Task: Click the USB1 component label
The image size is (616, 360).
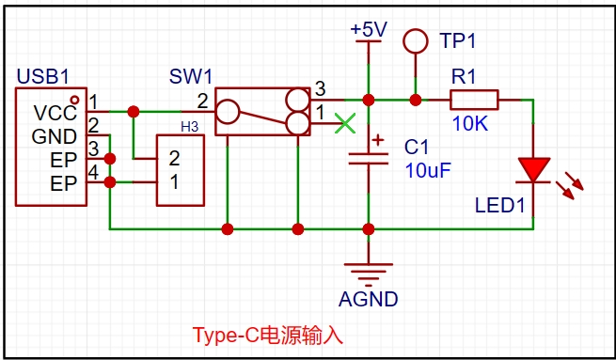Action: click(x=43, y=76)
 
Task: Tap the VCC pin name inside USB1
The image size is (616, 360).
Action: click(x=55, y=113)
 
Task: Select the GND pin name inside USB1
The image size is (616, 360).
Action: click(x=55, y=136)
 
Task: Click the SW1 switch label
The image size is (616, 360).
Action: click(x=191, y=76)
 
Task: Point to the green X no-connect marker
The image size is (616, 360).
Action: click(x=345, y=123)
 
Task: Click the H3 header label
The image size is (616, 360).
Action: click(x=189, y=127)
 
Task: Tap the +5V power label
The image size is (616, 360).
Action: click(x=369, y=29)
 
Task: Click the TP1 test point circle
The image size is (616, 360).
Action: click(x=416, y=40)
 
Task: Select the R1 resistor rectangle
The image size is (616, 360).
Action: click(x=474, y=100)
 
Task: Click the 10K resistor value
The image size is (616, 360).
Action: click(x=470, y=124)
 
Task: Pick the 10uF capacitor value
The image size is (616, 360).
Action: click(x=428, y=170)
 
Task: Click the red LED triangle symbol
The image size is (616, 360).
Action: click(x=533, y=169)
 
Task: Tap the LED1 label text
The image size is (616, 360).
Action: click(x=499, y=205)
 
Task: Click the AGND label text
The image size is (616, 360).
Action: click(x=368, y=300)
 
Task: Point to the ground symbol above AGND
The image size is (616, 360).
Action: click(x=369, y=275)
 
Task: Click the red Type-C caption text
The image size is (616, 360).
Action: click(x=267, y=336)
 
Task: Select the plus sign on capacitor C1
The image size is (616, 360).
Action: click(x=378, y=140)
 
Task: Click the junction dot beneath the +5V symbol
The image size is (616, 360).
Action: click(x=369, y=101)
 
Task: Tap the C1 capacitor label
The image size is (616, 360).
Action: click(x=417, y=148)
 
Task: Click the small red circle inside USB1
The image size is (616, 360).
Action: click(x=74, y=100)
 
